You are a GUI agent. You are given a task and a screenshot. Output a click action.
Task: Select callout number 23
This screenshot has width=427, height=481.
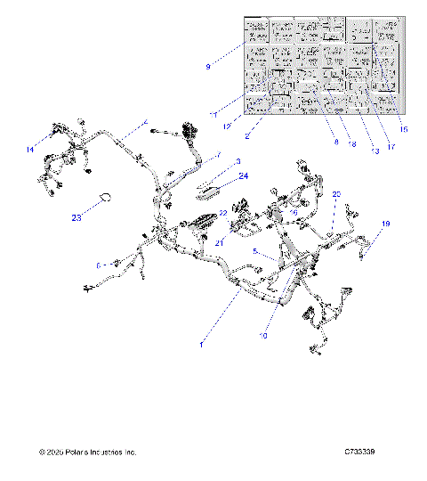click(77, 216)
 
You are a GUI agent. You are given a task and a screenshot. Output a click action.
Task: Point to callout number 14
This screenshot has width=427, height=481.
click(31, 150)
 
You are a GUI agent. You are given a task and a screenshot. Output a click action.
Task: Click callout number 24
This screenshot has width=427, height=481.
click(244, 176)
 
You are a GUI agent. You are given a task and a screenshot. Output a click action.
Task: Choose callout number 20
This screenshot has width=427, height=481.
click(336, 193)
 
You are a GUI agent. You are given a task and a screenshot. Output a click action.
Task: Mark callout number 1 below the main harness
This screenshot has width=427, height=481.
click(202, 342)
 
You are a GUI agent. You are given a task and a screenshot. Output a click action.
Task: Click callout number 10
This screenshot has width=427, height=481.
click(263, 336)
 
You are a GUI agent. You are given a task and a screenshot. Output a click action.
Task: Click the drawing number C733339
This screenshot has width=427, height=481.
click(359, 453)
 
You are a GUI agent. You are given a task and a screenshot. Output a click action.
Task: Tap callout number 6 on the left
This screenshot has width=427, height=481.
click(101, 265)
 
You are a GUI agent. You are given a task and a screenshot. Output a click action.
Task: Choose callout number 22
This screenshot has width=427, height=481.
click(223, 214)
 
